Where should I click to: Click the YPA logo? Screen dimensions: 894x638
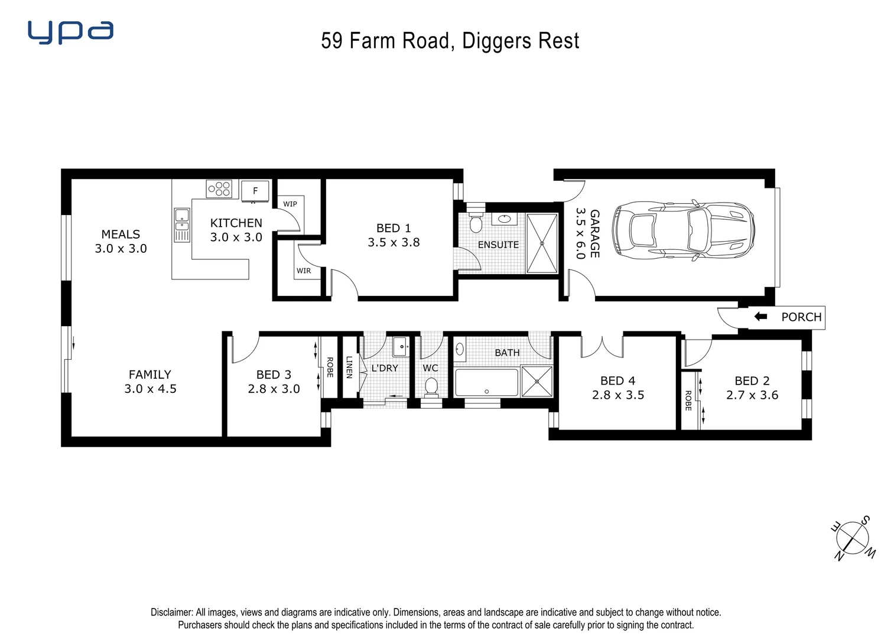click(71, 32)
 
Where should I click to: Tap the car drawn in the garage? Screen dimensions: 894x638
click(684, 230)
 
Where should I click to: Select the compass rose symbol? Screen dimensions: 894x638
click(853, 538)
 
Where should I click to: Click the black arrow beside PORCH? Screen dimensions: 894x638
click(760, 317)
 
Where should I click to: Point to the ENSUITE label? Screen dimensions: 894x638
click(499, 245)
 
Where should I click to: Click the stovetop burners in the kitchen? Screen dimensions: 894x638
click(219, 188)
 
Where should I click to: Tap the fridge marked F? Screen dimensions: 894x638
click(255, 191)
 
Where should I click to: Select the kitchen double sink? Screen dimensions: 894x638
click(181, 225)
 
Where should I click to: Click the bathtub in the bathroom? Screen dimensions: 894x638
click(486, 383)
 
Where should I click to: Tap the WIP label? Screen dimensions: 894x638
click(290, 204)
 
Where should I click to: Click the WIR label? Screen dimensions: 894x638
click(304, 271)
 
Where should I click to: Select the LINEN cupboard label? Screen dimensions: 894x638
click(349, 367)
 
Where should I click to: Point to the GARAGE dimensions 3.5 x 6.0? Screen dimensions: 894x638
click(580, 233)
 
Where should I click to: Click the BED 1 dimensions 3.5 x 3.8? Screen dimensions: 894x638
click(394, 242)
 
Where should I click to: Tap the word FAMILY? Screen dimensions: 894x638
click(149, 375)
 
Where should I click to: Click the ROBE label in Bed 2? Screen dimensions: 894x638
click(688, 400)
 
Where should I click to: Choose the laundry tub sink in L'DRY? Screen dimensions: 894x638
click(400, 346)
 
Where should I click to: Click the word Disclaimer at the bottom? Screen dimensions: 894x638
click(171, 613)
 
